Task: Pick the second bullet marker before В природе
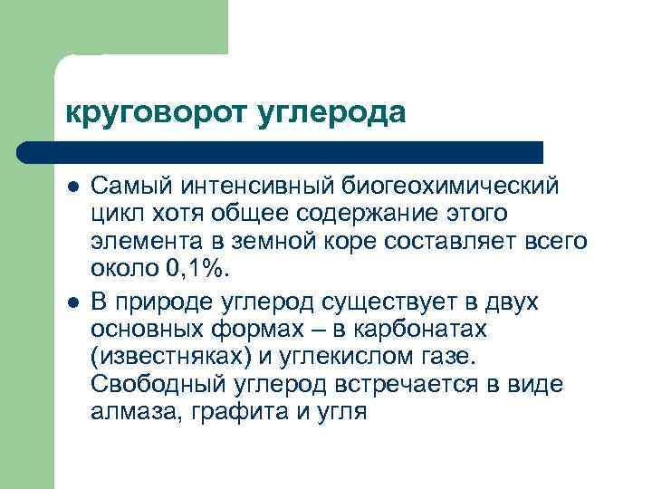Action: pos(72,302)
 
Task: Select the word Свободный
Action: pos(153,385)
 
